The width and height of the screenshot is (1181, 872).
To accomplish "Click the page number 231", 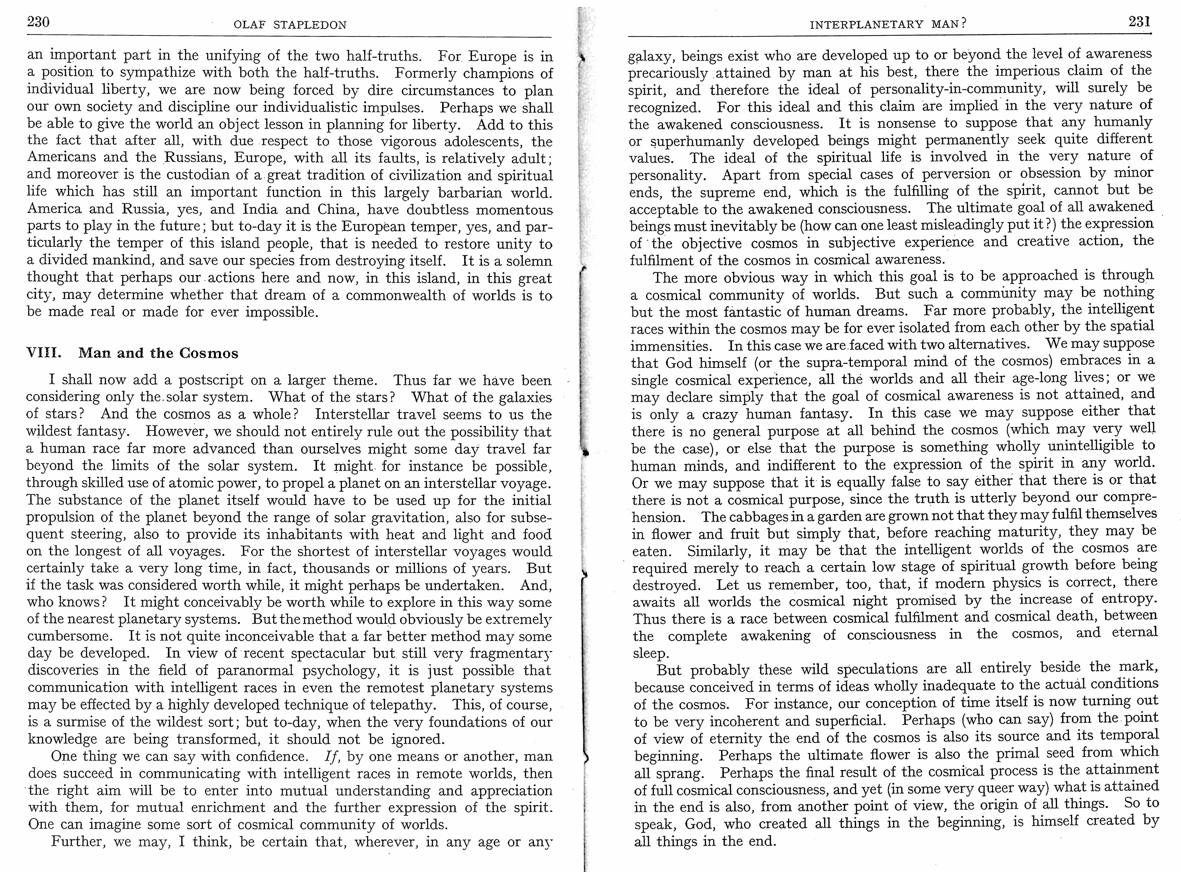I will (x=1139, y=22).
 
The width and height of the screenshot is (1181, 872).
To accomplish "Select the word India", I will (x=260, y=209).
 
